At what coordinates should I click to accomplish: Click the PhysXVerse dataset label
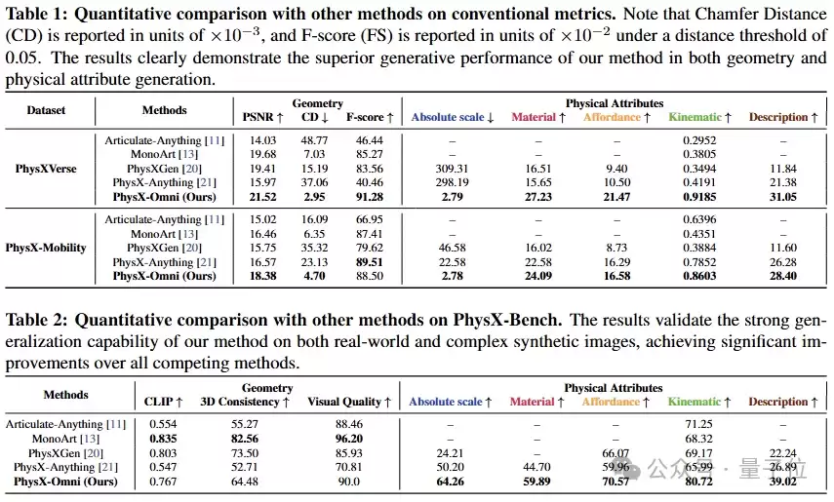click(x=46, y=169)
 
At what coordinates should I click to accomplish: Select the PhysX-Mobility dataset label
click(x=46, y=248)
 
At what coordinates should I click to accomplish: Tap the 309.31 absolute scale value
click(x=452, y=169)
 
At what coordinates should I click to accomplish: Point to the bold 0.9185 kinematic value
click(x=699, y=197)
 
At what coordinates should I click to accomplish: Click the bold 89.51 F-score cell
click(x=370, y=262)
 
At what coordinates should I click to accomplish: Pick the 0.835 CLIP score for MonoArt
click(x=163, y=439)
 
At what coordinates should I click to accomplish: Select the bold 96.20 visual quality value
click(x=349, y=439)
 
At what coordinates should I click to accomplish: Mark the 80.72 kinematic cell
click(x=698, y=482)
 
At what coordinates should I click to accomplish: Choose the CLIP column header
click(x=163, y=402)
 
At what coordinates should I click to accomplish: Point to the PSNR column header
click(x=262, y=117)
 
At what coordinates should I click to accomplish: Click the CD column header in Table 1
click(x=315, y=117)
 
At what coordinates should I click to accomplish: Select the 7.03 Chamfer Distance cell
click(x=314, y=154)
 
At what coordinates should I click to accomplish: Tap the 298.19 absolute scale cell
click(x=452, y=182)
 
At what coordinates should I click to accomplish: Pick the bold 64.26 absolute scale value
click(x=450, y=482)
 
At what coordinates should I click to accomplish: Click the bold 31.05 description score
click(x=783, y=197)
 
